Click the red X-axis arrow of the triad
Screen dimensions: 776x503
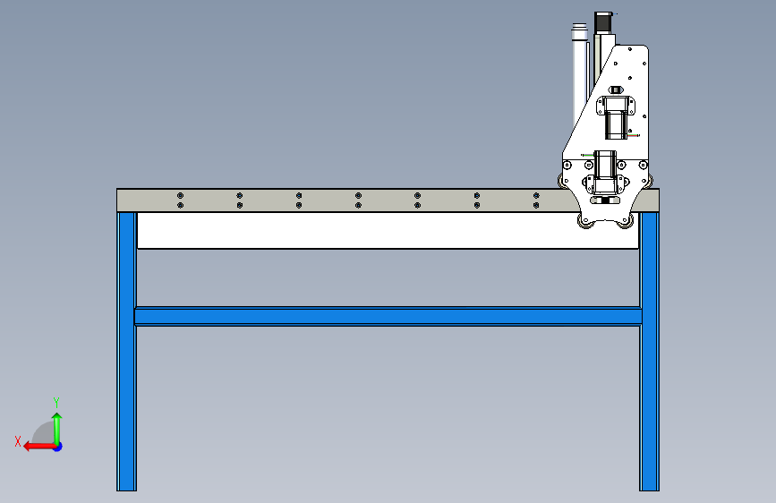(x=36, y=446)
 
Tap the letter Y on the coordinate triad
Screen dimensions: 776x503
(x=56, y=402)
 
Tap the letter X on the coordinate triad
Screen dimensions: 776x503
(x=18, y=440)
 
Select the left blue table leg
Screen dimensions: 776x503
(x=126, y=358)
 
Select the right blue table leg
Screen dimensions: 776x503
(x=649, y=358)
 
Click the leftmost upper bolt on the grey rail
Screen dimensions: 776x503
(x=180, y=195)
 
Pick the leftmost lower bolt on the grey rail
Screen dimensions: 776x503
(x=180, y=206)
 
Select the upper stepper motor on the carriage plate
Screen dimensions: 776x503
(x=615, y=116)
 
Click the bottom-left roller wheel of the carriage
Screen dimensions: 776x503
(x=585, y=221)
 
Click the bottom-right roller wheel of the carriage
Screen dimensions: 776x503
(x=628, y=221)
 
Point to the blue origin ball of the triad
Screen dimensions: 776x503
(x=56, y=446)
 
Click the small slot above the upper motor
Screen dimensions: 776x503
(x=615, y=90)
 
